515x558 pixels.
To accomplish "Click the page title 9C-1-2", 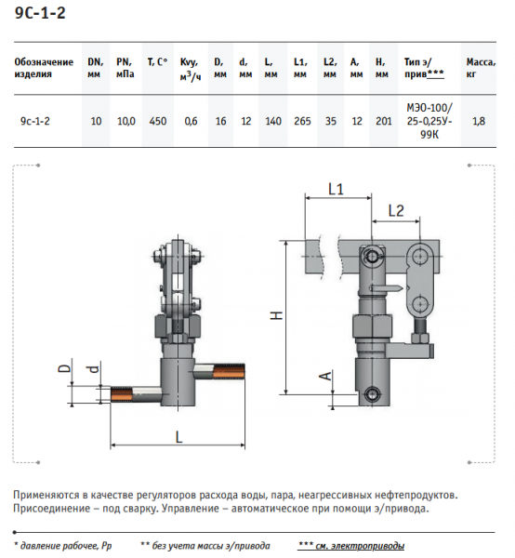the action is click(x=40, y=13).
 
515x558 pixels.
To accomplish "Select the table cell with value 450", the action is click(x=158, y=121).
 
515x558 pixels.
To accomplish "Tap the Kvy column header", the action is click(x=191, y=69).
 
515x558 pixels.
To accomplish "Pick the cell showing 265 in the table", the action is click(x=302, y=121).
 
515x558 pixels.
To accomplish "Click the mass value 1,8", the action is click(x=479, y=121).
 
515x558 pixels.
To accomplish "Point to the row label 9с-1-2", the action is click(x=34, y=121).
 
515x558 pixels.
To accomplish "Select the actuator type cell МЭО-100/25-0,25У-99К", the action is click(x=429, y=121).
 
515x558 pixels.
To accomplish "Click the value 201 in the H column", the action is click(x=383, y=121).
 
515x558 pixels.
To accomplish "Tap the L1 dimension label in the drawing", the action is click(x=336, y=189).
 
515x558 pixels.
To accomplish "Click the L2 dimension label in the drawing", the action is click(x=396, y=211).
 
